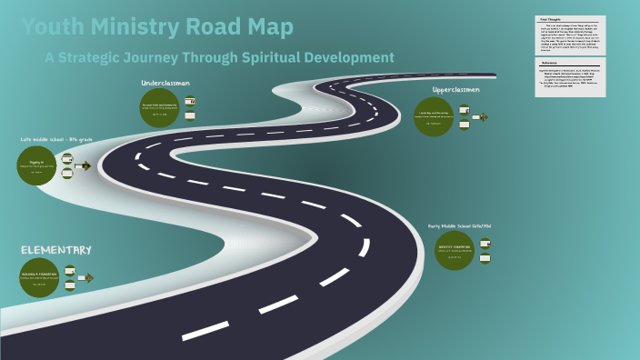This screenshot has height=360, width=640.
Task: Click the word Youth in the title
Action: point(50,27)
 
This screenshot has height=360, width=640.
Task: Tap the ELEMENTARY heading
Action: point(56,250)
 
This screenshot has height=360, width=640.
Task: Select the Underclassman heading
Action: point(165,84)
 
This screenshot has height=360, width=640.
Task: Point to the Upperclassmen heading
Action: point(455,89)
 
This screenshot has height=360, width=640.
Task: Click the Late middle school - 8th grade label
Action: point(56,139)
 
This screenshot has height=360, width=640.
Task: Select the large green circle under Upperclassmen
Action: point(434,116)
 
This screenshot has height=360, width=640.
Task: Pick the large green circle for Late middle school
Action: point(37,166)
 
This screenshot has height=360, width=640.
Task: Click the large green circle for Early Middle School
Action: point(455,250)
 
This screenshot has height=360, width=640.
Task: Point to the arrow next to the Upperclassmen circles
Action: point(482,116)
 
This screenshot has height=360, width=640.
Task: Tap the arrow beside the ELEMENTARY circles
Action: point(87,277)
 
